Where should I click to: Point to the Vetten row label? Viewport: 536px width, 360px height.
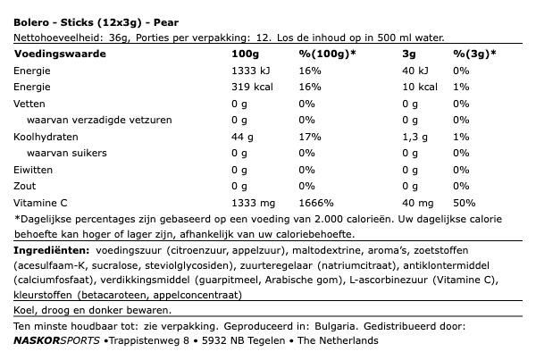[29, 104]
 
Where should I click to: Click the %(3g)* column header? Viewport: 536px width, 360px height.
[474, 54]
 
